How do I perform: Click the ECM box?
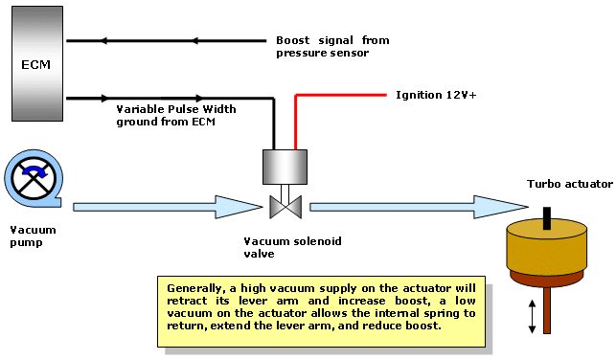click(37, 63)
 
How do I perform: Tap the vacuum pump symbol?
click(34, 178)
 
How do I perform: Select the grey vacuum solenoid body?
click(285, 167)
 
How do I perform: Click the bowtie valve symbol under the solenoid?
click(285, 207)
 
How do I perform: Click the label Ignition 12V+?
click(436, 95)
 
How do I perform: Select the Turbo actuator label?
click(570, 184)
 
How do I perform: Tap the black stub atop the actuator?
click(547, 218)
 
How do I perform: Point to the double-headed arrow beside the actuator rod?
click(533, 316)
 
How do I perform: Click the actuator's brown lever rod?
click(547, 310)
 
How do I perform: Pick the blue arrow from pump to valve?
click(168, 207)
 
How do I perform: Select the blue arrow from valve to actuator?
click(420, 207)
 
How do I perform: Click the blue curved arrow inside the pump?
click(35, 170)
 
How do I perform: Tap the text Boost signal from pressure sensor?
click(332, 46)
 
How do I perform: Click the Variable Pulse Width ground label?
click(176, 115)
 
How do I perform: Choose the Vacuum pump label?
click(33, 236)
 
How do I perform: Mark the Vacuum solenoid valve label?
click(292, 247)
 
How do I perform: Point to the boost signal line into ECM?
click(166, 40)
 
